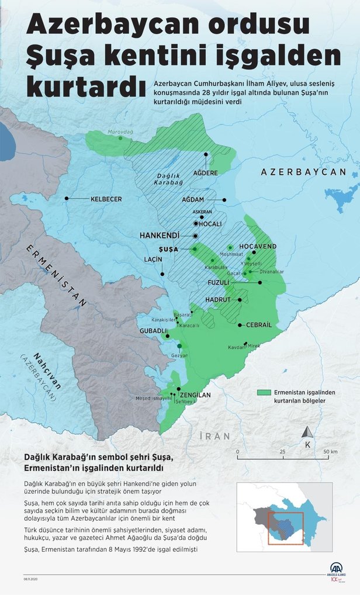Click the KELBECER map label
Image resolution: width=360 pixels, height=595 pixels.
106,199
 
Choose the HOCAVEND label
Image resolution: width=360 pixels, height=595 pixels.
258,247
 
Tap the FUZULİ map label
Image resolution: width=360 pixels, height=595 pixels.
220,282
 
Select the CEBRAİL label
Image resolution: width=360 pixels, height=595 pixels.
259,325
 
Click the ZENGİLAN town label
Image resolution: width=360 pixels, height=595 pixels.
195,395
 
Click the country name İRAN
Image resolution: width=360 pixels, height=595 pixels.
214,436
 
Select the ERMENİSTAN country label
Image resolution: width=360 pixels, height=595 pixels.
56,275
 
